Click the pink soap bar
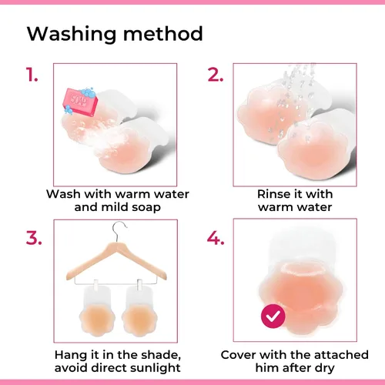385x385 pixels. tap(80, 102)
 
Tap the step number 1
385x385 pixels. tap(32, 75)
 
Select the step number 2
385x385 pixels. tap(215, 75)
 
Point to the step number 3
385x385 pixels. tap(34, 238)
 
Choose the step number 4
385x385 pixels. tap(216, 238)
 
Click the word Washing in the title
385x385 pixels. tap(72, 34)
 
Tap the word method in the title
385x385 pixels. tap(163, 33)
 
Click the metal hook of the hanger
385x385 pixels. tap(119, 231)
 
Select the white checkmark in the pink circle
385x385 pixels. tap(273, 316)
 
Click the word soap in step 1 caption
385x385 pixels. tap(146, 207)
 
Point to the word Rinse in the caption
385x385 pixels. tap(273, 194)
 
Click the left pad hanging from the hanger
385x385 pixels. tap(97, 310)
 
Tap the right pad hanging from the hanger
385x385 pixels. tap(139, 310)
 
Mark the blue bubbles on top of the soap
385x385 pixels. tap(87, 92)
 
